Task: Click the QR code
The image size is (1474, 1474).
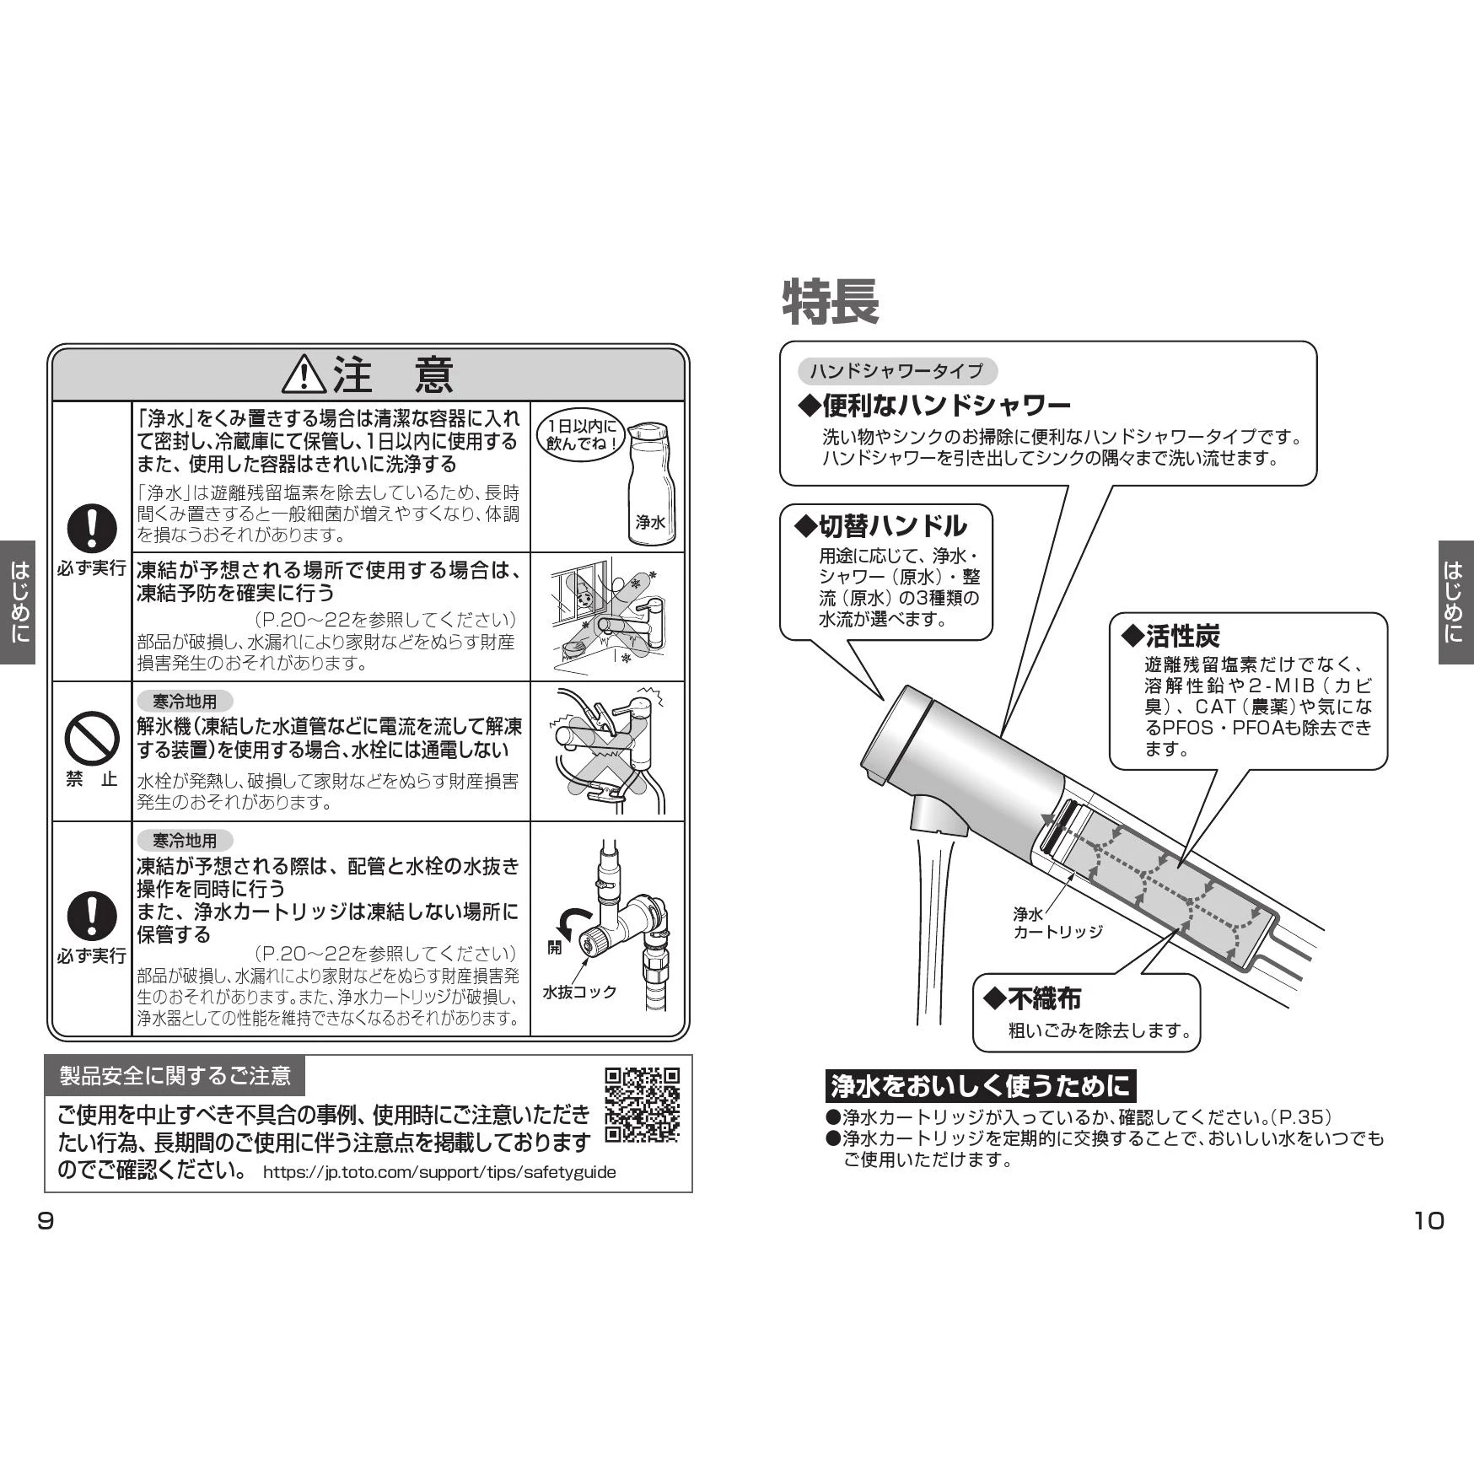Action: [x=642, y=1105]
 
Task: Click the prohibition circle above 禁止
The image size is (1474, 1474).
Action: [x=92, y=738]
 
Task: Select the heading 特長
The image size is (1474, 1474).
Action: [x=831, y=301]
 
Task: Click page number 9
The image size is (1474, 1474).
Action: [x=46, y=1220]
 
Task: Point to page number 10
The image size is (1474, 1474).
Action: [x=1428, y=1220]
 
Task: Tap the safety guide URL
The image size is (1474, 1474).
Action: [x=439, y=1172]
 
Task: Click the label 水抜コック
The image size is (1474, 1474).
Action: [x=579, y=992]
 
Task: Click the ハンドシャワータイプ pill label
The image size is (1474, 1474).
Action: [x=897, y=371]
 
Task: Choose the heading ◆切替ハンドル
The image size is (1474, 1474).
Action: [x=881, y=526]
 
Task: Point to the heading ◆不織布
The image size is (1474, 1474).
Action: [x=1032, y=998]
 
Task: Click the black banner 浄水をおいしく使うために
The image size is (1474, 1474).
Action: [x=980, y=1085]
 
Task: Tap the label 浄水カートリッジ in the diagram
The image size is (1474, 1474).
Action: [x=1057, y=923]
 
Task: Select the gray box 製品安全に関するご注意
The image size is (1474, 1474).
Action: [x=175, y=1075]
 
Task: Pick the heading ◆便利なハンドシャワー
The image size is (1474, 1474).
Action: [x=934, y=406]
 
